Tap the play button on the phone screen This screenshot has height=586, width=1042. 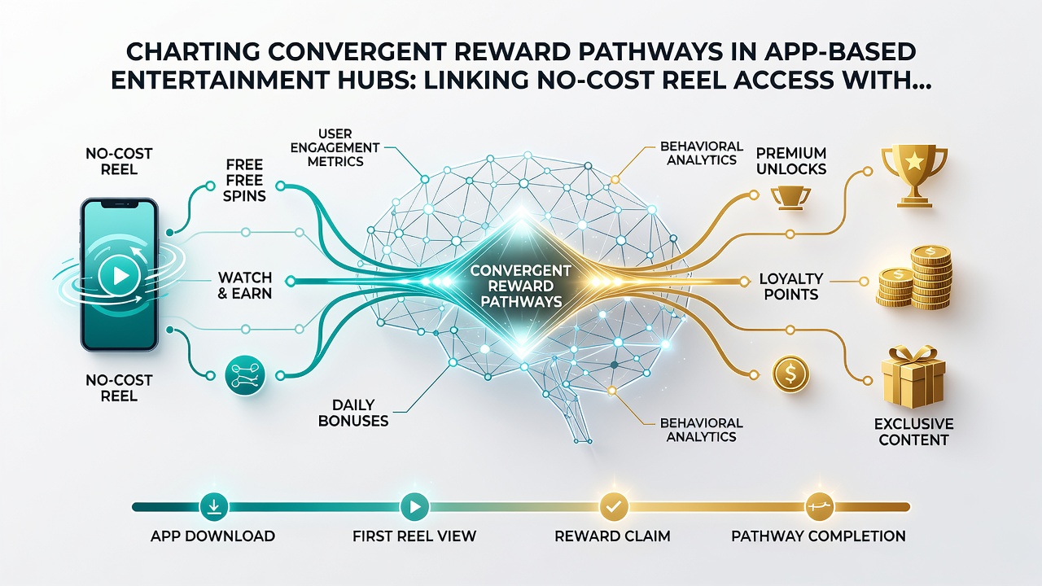point(119,276)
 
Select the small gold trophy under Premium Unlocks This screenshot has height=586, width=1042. point(790,198)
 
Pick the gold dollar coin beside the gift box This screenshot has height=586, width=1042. point(790,374)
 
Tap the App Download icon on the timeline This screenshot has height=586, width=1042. point(213,506)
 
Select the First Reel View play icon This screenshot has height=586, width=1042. point(414,506)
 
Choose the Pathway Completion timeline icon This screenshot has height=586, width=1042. point(819,506)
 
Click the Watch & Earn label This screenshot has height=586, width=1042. point(245,286)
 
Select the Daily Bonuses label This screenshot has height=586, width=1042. point(353,413)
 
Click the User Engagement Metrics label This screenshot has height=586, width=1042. point(335,147)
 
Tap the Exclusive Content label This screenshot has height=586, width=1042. point(913,431)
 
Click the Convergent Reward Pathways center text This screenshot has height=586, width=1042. point(520,286)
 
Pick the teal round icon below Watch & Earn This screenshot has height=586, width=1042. point(245,376)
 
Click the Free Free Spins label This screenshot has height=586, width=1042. point(244,180)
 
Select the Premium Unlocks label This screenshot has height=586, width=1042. point(790,161)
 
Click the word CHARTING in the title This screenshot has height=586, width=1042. point(188,52)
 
